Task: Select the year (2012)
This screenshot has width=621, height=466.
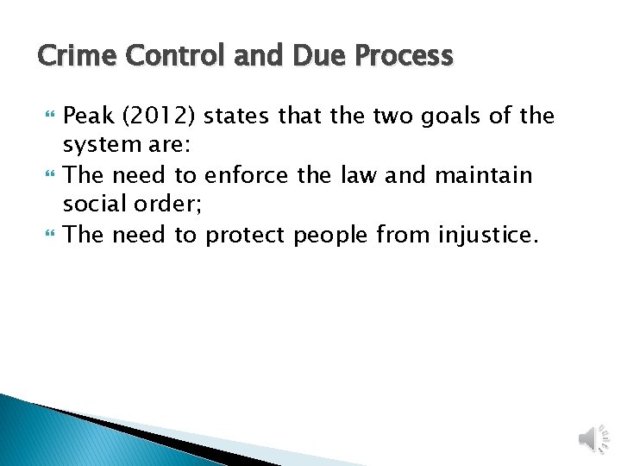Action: pos(156,116)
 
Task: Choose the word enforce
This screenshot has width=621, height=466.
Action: pos(248,175)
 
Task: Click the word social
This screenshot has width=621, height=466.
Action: pos(91,205)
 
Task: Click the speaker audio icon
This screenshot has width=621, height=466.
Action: pos(592,438)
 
